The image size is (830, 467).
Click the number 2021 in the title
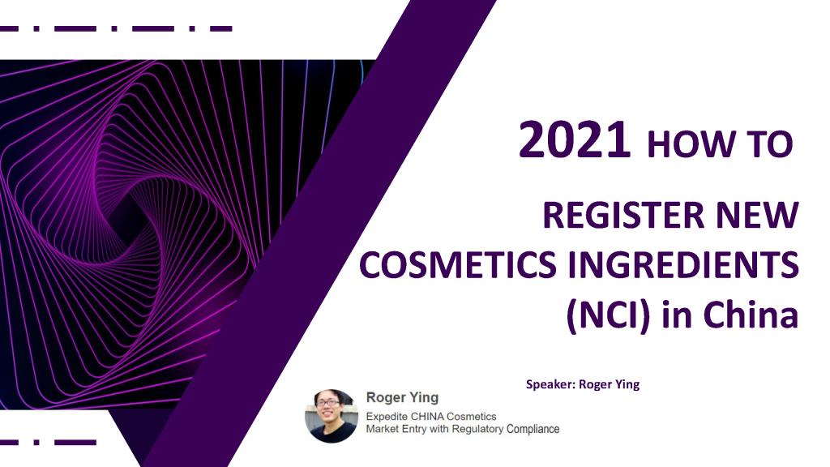pos(575,139)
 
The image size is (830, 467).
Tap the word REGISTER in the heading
pos(623,216)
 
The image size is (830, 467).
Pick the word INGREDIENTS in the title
pos(683,265)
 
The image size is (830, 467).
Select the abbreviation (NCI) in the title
pos(608,315)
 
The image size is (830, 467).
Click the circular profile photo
pos(332,416)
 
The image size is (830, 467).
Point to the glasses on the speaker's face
pos(328,403)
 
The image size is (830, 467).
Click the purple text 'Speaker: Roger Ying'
pos(582,384)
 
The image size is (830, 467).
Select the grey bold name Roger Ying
pos(402,397)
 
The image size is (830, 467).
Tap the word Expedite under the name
pos(387,417)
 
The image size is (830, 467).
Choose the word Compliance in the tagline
pos(533,429)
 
